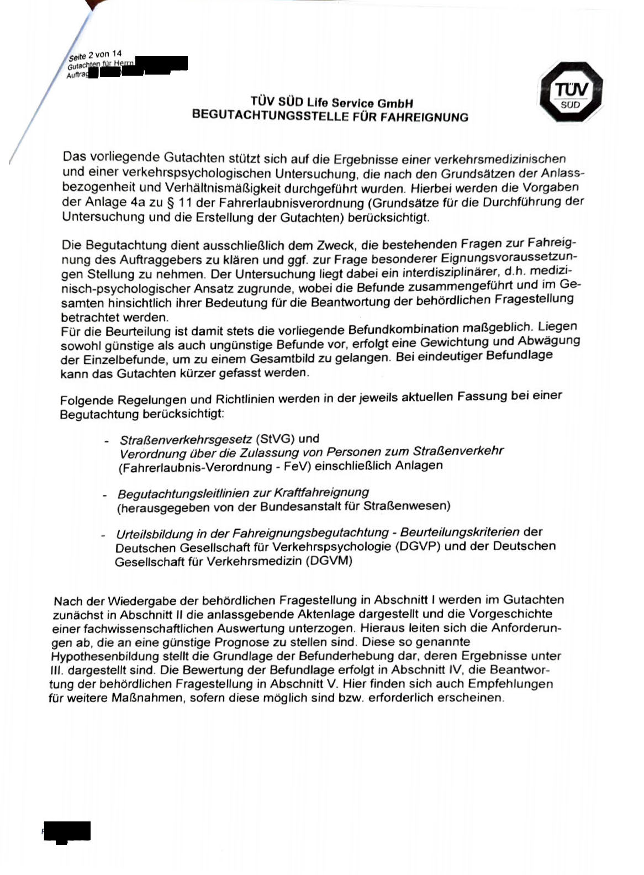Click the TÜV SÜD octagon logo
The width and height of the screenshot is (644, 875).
click(x=571, y=92)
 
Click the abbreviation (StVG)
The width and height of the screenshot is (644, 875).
click(x=275, y=439)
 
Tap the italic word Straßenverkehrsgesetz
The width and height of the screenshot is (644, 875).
click(x=186, y=440)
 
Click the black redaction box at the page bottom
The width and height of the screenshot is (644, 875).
click(x=67, y=831)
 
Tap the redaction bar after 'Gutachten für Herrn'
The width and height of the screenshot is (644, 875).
click(x=161, y=64)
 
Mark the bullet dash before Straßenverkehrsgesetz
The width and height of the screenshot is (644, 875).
click(x=106, y=441)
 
